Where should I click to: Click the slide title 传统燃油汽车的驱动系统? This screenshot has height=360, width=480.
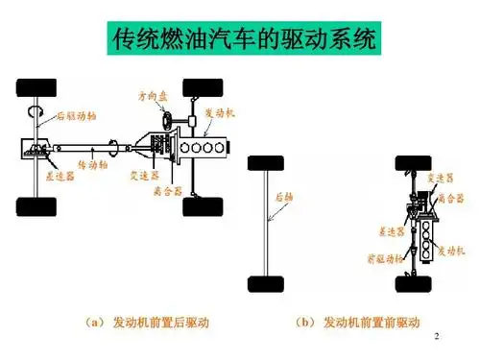click(x=240, y=40)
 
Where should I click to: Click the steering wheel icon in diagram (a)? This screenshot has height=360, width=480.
click(x=169, y=121)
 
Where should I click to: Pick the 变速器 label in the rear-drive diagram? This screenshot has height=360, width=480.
click(x=143, y=174)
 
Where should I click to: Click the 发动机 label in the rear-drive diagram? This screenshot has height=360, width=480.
click(x=220, y=112)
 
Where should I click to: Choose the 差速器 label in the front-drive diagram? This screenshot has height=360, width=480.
click(x=388, y=231)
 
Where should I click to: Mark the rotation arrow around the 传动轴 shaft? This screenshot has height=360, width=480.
click(x=115, y=148)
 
